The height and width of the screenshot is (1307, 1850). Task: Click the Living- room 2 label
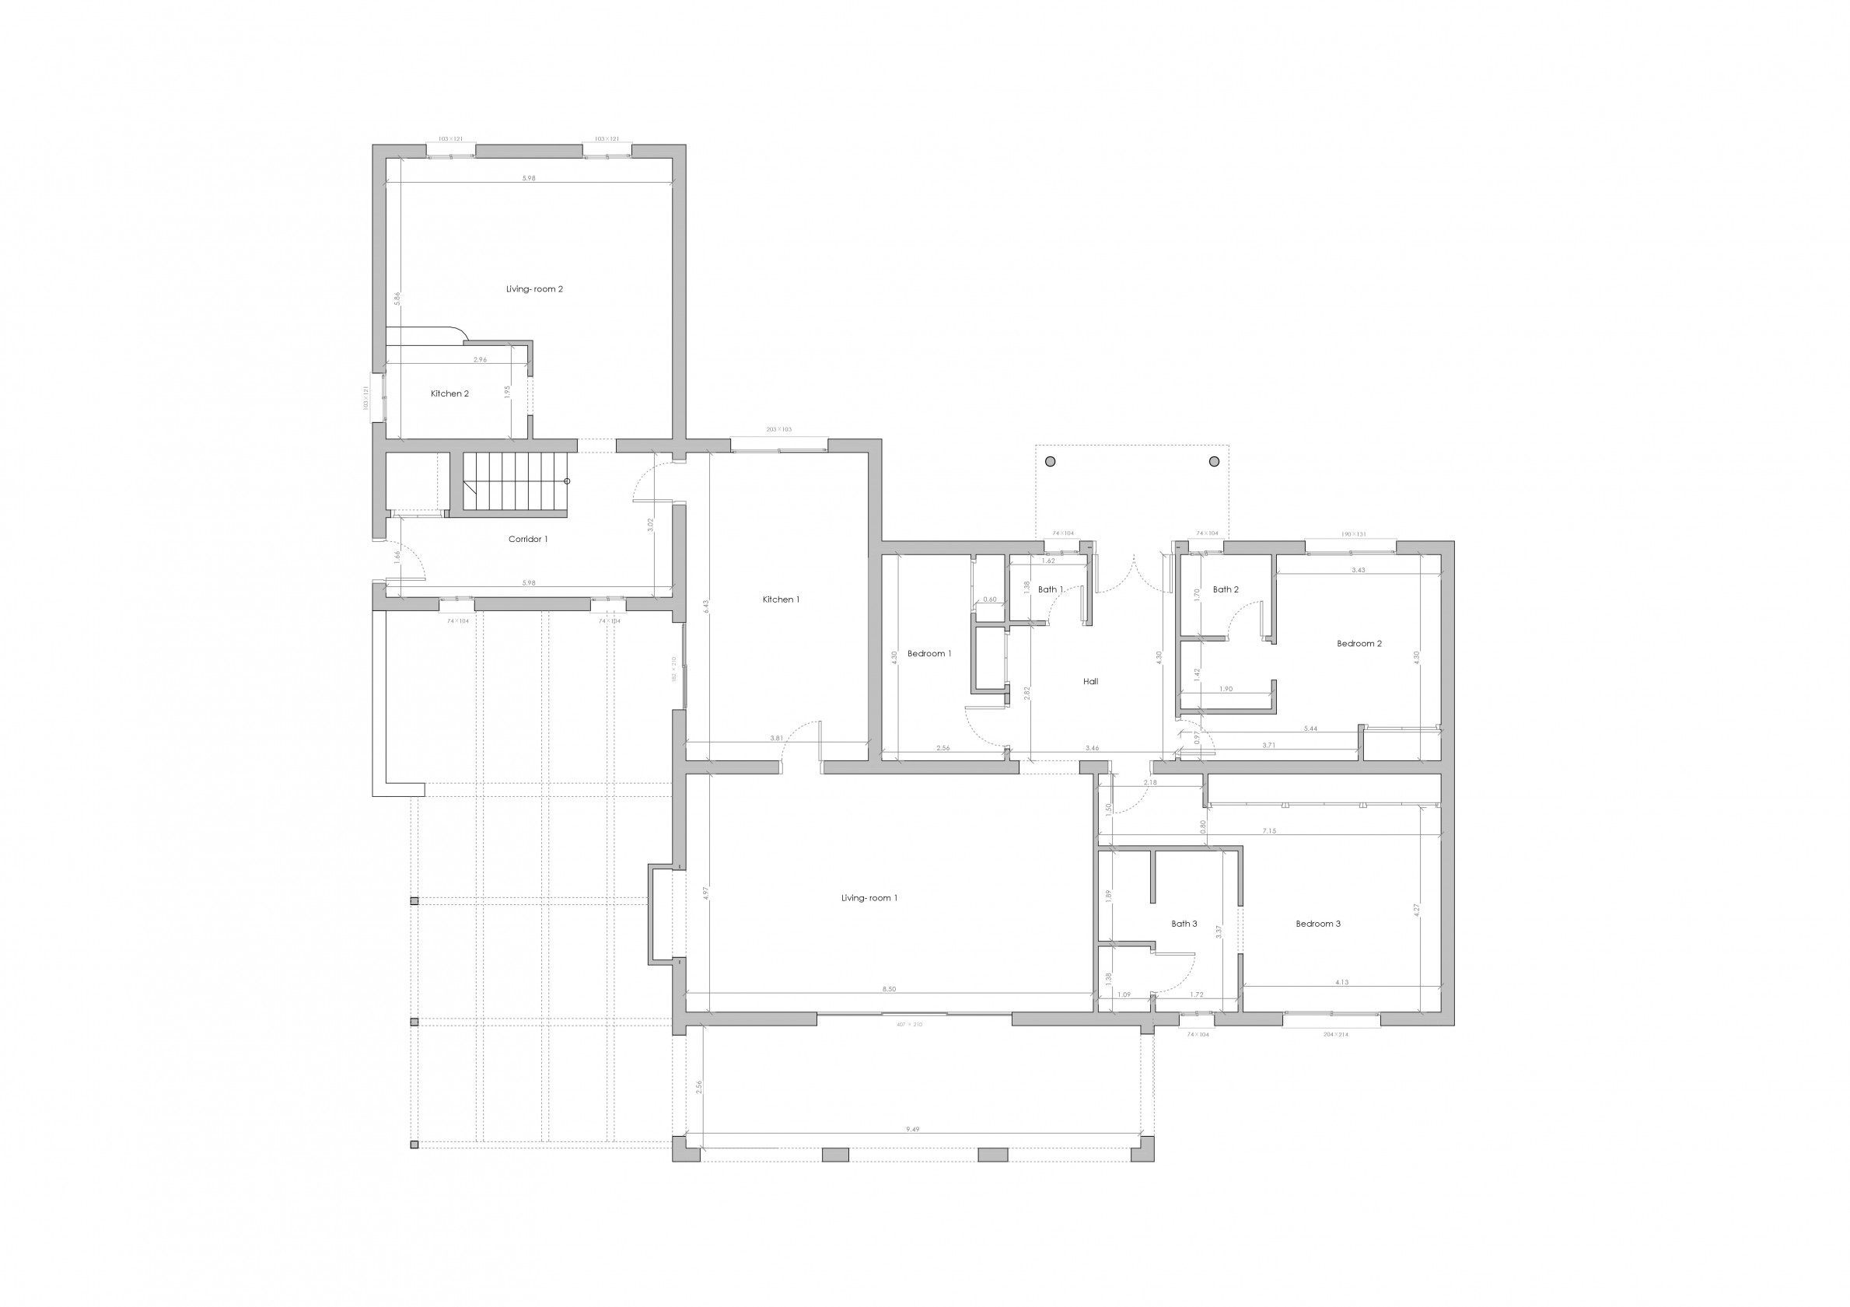[534, 289]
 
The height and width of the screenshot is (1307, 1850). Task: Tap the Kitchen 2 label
[449, 394]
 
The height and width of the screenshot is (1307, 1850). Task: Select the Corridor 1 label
[528, 539]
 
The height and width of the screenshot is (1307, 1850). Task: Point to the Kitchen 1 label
[781, 599]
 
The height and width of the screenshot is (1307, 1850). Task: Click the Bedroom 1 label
[929, 653]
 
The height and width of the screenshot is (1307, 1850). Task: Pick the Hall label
[1090, 682]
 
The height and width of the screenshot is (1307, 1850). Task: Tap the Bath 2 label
[1226, 590]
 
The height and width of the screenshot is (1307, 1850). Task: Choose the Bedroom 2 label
[1359, 644]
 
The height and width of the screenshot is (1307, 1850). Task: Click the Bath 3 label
[1184, 924]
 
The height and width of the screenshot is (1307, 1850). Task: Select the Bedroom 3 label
[1318, 924]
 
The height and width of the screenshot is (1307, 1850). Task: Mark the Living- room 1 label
[869, 899]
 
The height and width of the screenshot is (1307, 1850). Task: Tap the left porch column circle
[1050, 462]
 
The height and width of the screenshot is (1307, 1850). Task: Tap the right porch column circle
[1214, 462]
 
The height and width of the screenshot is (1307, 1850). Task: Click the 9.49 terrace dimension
[912, 1130]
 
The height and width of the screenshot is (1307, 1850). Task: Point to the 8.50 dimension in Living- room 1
[889, 990]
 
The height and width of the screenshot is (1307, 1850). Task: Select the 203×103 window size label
[779, 429]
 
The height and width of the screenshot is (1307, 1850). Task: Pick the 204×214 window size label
[1335, 1035]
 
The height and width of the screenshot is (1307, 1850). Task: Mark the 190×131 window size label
[1354, 534]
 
